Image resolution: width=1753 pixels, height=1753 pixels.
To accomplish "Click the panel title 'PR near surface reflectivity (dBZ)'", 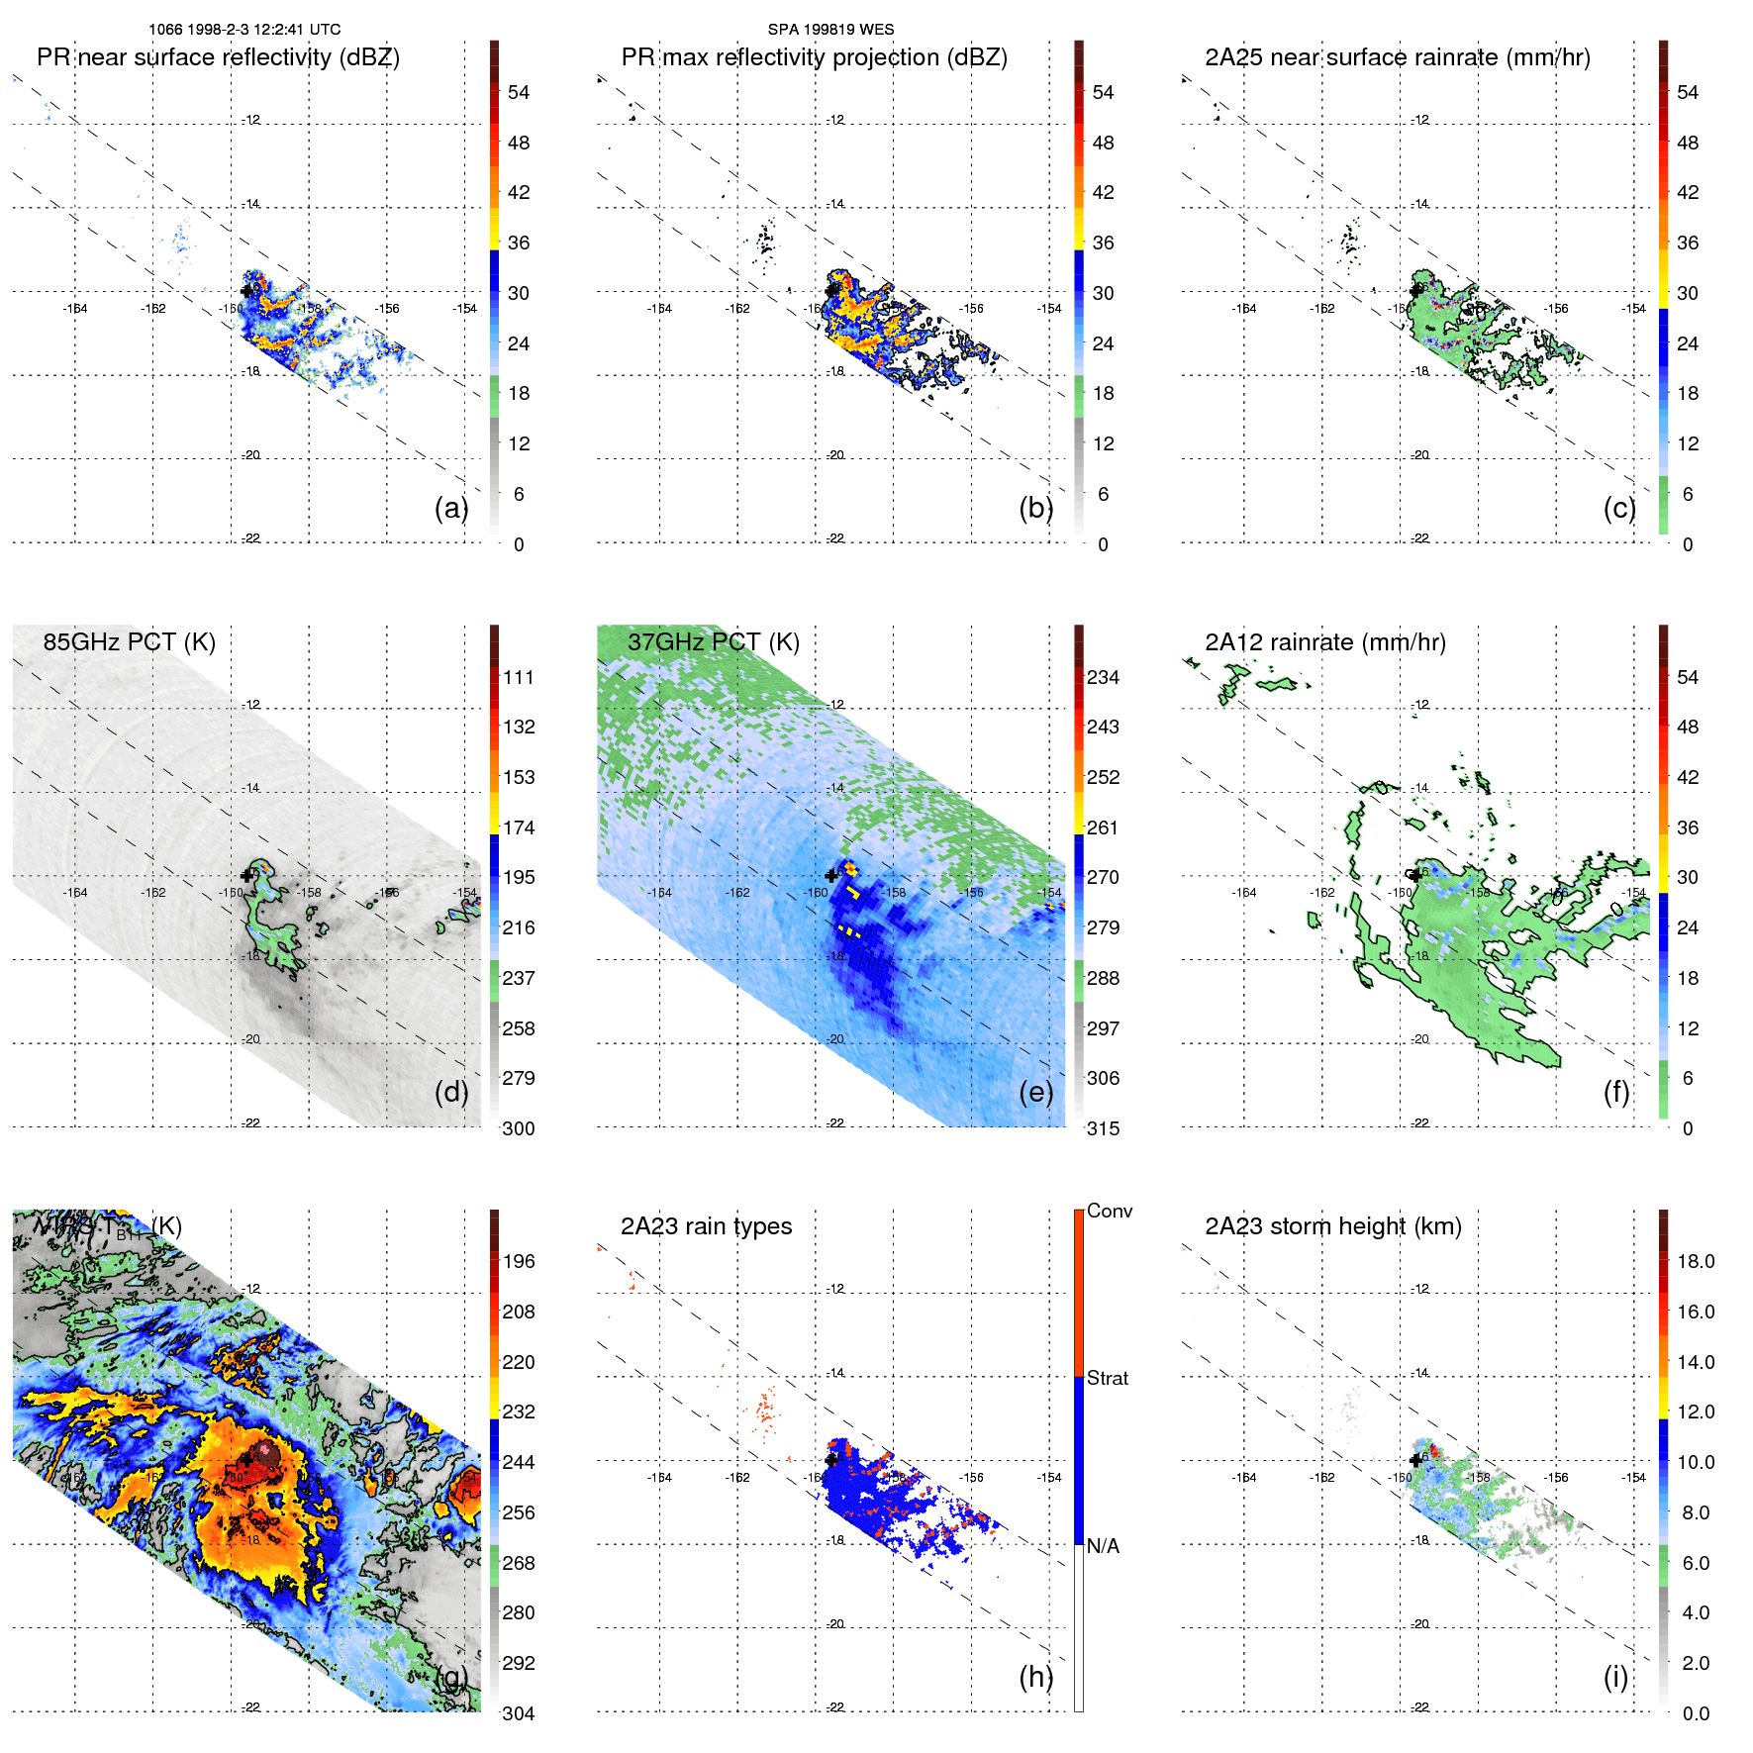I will click(218, 57).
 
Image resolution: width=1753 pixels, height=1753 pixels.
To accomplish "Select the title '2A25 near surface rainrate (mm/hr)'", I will click(1397, 57).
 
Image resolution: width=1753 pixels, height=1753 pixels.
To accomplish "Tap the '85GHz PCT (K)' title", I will click(129, 642).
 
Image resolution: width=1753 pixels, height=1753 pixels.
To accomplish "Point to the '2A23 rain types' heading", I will click(706, 1226).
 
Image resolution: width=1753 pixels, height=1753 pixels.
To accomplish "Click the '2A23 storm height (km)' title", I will click(1332, 1226).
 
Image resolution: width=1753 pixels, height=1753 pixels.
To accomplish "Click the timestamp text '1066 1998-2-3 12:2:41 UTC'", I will click(244, 30).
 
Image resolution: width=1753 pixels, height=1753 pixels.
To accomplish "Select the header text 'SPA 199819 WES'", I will click(830, 30).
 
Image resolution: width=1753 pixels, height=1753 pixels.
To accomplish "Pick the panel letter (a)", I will click(451, 508).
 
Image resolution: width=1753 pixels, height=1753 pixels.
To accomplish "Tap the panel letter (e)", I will click(1035, 1092).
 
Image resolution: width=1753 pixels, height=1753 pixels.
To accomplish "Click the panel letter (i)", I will click(1615, 1677).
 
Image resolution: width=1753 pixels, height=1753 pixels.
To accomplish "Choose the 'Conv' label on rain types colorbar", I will click(1110, 1211).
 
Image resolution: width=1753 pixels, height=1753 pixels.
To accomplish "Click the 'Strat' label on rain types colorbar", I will click(1108, 1378).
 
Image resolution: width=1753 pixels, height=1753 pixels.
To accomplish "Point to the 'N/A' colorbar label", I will click(1103, 1546).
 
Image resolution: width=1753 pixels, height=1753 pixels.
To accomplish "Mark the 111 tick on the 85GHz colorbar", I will click(519, 677).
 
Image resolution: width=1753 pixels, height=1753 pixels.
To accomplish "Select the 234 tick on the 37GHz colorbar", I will click(1103, 677).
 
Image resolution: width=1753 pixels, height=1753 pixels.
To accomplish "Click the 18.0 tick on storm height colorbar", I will click(1696, 1261).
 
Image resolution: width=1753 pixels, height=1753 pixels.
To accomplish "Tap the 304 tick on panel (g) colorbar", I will click(519, 1713).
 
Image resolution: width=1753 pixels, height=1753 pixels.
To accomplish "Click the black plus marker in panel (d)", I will click(246, 875).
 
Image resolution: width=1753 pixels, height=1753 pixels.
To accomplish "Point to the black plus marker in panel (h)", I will click(830, 1459).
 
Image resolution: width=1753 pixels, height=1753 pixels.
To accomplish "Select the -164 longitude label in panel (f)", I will click(1243, 893).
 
